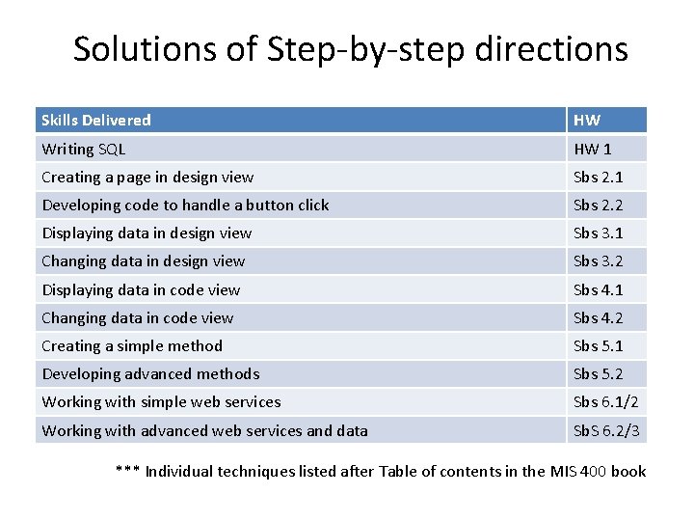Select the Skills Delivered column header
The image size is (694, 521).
(x=96, y=121)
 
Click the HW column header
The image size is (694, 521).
(x=587, y=121)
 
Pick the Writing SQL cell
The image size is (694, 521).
(x=84, y=150)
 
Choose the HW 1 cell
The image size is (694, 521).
(x=593, y=150)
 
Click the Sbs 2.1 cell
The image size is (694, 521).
(x=599, y=178)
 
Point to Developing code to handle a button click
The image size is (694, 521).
(x=185, y=206)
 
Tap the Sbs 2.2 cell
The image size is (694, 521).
(x=599, y=206)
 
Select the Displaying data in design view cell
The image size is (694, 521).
(x=147, y=233)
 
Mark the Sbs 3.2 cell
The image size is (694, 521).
(x=599, y=261)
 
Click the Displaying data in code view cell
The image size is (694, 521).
(x=141, y=289)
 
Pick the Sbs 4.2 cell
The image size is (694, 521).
(x=599, y=317)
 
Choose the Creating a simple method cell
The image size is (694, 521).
(x=132, y=345)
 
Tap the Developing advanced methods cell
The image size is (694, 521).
(x=150, y=373)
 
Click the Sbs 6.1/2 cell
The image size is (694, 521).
(x=606, y=402)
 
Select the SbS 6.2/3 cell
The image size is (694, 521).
(x=606, y=430)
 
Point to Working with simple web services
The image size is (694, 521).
(x=161, y=402)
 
